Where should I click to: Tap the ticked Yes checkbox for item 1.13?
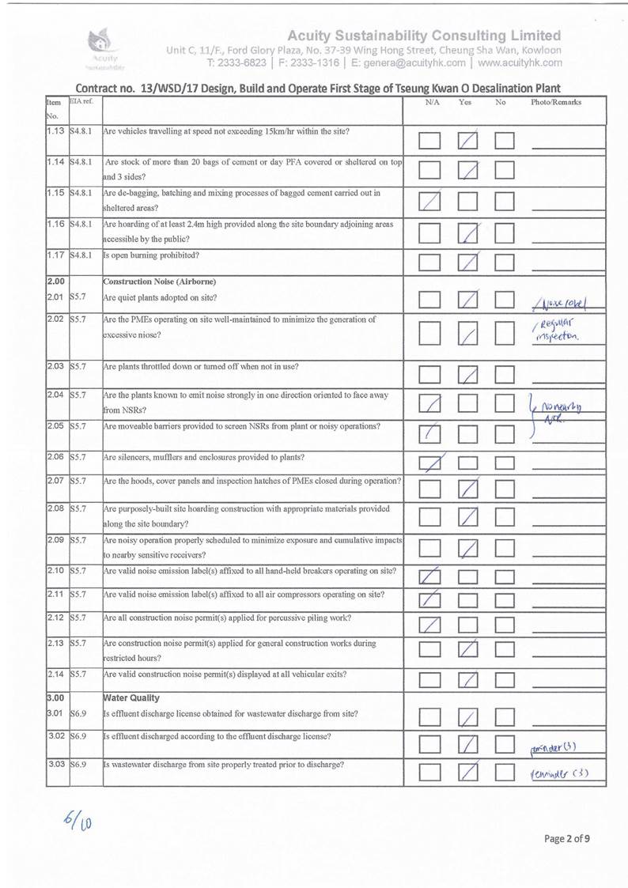tap(469, 141)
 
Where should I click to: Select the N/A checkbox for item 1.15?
tap(430, 202)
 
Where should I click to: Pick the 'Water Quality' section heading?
tap(131, 698)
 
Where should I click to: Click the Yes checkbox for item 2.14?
tap(469, 679)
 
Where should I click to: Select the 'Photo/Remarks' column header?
tap(555, 103)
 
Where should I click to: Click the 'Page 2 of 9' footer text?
tap(566, 839)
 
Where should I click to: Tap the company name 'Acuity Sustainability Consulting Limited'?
tap(425, 36)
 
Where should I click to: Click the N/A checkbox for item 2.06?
tap(430, 462)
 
